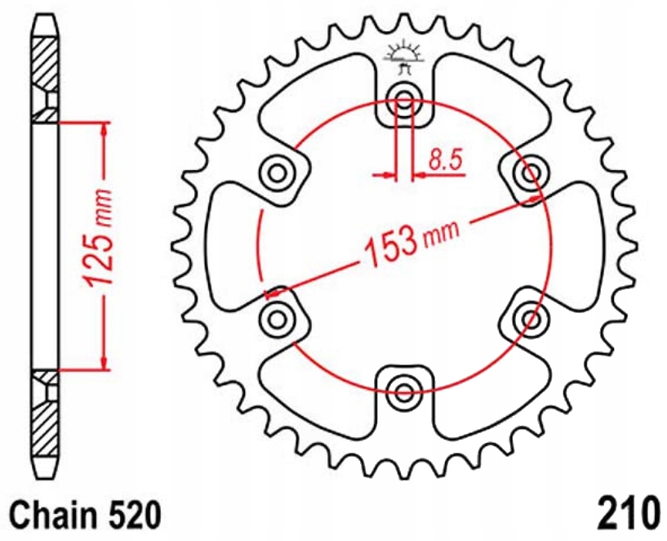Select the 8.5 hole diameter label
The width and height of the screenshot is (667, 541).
click(x=446, y=159)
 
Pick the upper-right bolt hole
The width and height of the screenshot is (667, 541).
click(x=531, y=172)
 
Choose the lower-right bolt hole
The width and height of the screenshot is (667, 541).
click(x=531, y=317)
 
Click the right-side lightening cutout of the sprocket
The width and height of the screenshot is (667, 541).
click(x=576, y=245)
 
